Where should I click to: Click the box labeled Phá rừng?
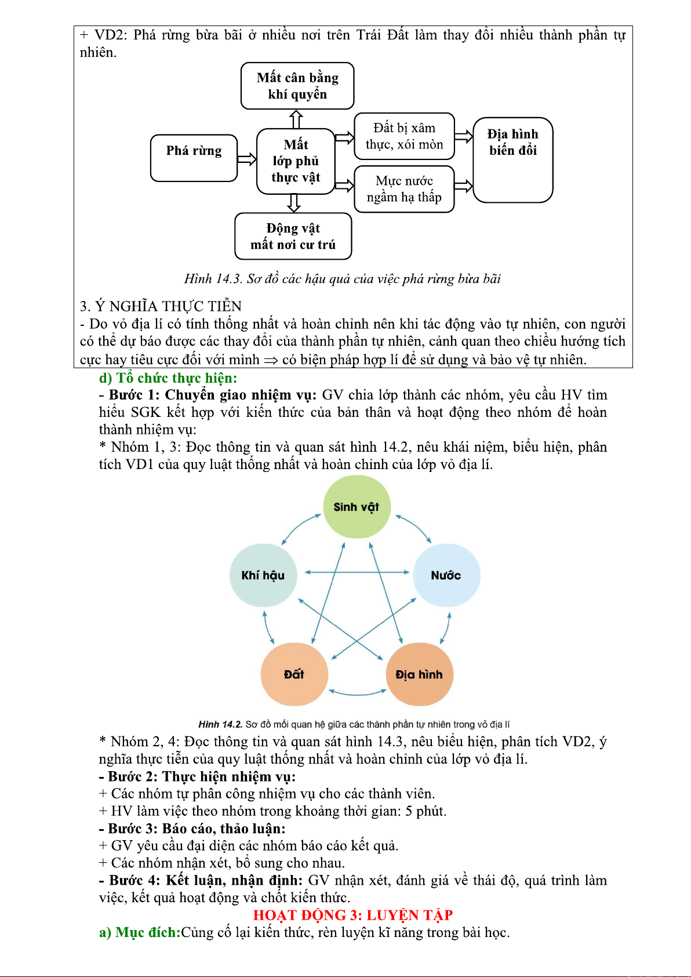tap(194, 158)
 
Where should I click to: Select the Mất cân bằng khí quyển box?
tap(297, 86)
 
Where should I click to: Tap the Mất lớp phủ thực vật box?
tap(296, 161)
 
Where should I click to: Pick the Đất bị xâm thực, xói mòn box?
tap(404, 136)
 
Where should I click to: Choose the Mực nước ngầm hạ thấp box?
tap(404, 189)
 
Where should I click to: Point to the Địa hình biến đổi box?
tap(512, 159)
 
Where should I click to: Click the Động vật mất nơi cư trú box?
tap(293, 236)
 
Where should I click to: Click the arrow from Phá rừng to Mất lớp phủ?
tap(247, 159)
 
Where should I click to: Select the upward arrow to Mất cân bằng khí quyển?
tap(296, 119)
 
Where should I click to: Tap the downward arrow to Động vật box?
tap(294, 204)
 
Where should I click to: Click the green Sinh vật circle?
tap(357, 507)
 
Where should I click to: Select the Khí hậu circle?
tap(263, 575)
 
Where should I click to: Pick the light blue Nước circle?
tap(446, 575)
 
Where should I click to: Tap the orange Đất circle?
tap(294, 674)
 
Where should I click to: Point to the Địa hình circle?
tap(419, 674)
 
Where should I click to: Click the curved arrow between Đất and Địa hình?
tap(357, 694)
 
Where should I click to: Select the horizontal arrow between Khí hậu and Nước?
tap(357, 572)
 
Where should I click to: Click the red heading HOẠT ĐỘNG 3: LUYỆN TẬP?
tap(353, 915)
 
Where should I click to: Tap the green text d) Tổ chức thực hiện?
tap(168, 377)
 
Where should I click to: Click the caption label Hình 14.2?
tap(220, 724)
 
